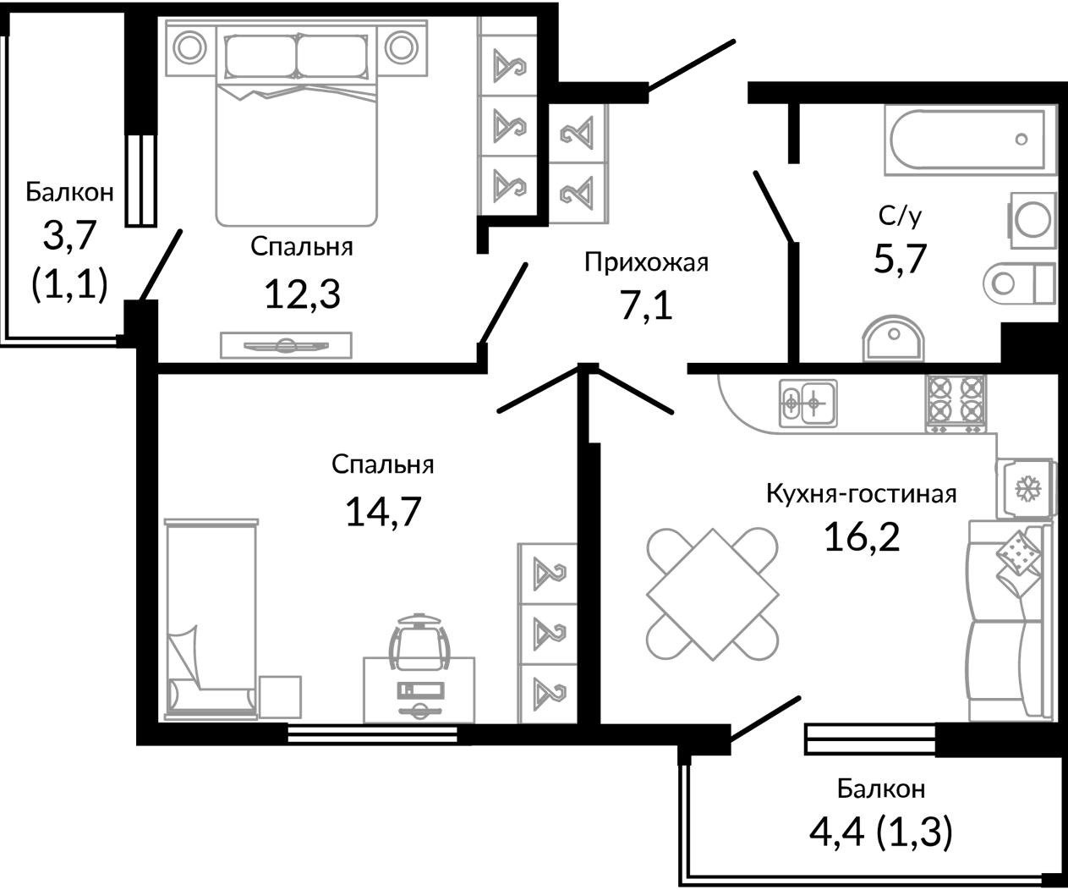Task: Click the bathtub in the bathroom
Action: coord(970,140)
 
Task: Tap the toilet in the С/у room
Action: coord(1019,283)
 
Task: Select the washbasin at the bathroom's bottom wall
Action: coord(894,338)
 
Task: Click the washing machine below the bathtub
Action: coord(1032,221)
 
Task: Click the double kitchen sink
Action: coord(808,404)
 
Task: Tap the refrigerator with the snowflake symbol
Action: coord(1026,488)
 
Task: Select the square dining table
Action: coord(713,594)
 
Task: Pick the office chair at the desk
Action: coord(419,642)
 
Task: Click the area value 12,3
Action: coord(302,294)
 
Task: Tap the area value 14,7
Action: coord(383,512)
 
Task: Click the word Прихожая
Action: coord(647,262)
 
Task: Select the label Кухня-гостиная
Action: coord(862,494)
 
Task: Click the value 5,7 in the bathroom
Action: coord(901,259)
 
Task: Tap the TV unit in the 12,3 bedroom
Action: coord(286,345)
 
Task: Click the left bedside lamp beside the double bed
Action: coord(190,48)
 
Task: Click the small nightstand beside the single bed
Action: coord(280,697)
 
